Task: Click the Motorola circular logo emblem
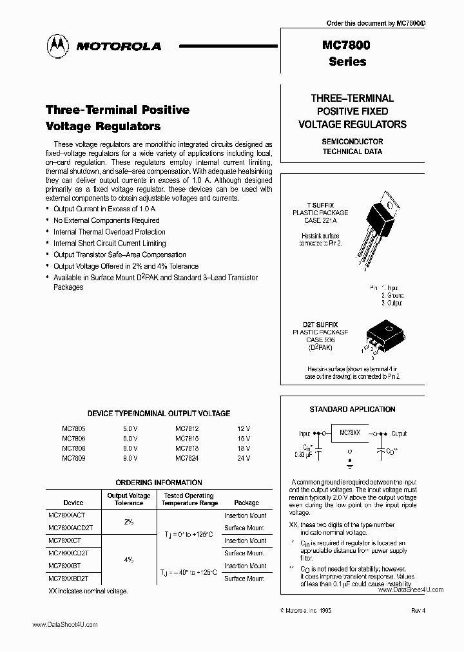pyautogui.click(x=59, y=46)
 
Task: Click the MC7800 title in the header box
pyautogui.click(x=347, y=46)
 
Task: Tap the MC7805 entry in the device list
pyautogui.click(x=73, y=426)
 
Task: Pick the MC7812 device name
pyautogui.click(x=187, y=426)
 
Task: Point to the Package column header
pyautogui.click(x=246, y=503)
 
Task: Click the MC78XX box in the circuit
pyautogui.click(x=349, y=435)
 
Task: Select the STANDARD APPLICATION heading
pyautogui.click(x=352, y=409)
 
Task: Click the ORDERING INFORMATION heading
pyautogui.click(x=159, y=483)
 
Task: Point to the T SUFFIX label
pyautogui.click(x=320, y=205)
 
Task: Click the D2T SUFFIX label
pyautogui.click(x=320, y=325)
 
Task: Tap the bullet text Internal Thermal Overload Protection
pyautogui.click(x=109, y=232)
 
